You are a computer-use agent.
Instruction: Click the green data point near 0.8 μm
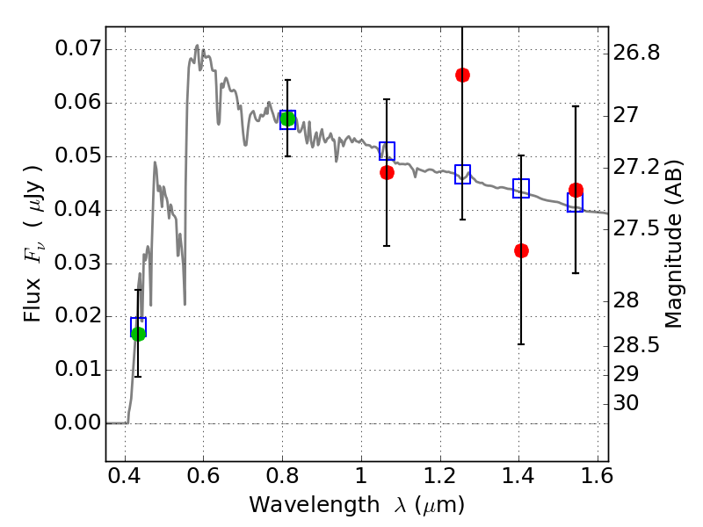(x=287, y=119)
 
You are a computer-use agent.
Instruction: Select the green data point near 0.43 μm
(x=138, y=334)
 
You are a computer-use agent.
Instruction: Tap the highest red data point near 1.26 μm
(x=462, y=75)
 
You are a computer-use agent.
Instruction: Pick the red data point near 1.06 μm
(x=387, y=172)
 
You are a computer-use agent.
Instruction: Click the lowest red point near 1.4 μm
(x=521, y=250)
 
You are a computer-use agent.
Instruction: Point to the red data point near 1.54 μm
(x=576, y=190)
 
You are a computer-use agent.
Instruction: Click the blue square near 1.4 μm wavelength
(x=521, y=188)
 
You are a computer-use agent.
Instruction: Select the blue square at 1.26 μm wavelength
(x=462, y=174)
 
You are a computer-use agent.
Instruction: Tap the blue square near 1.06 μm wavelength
(x=387, y=151)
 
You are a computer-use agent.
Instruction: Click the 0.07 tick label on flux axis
(x=77, y=49)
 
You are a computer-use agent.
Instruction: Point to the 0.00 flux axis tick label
(x=77, y=422)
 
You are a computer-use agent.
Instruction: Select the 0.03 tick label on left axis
(x=77, y=263)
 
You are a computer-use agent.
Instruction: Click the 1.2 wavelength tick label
(x=440, y=476)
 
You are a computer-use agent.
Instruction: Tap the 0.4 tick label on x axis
(x=125, y=476)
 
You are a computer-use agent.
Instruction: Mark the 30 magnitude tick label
(x=626, y=403)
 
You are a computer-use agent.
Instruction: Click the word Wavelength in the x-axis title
(x=315, y=505)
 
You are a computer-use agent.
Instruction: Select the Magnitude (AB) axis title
(x=673, y=244)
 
